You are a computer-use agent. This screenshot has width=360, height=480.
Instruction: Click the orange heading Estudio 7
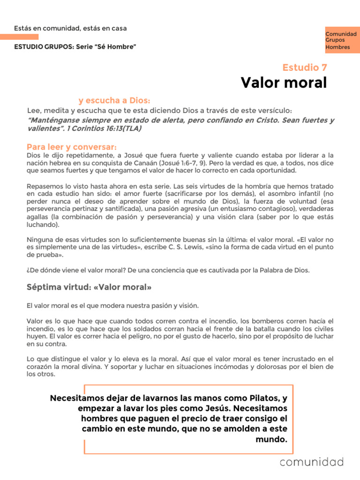pos(305,67)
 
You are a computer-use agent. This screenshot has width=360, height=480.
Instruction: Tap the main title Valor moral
pos(284,82)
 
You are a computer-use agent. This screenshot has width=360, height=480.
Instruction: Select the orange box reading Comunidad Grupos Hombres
pos(341,40)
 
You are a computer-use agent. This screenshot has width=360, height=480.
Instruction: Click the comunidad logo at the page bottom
pos(312,462)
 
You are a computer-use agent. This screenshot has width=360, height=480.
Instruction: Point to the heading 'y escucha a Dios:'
pos(114,100)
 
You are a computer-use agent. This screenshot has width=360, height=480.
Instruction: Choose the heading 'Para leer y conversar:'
pos(72,147)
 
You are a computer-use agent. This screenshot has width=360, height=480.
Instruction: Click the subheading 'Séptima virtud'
pos(89,287)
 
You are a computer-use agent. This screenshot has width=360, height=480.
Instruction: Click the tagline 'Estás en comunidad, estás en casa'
pos(70,28)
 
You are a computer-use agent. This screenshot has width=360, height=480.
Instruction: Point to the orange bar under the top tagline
pos(19,37)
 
